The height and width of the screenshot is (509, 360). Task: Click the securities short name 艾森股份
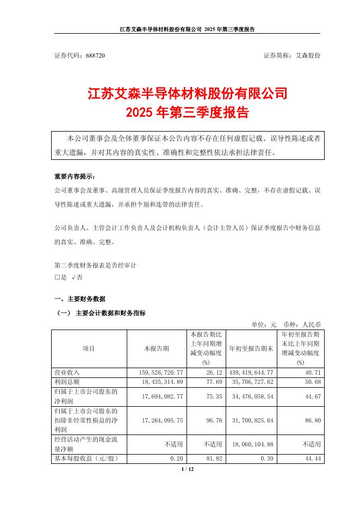308,56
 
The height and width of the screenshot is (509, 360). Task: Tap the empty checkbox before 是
57,277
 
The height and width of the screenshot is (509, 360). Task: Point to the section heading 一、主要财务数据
80,299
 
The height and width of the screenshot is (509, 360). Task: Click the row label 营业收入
67,373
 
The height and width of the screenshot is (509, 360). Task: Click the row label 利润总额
67,382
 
